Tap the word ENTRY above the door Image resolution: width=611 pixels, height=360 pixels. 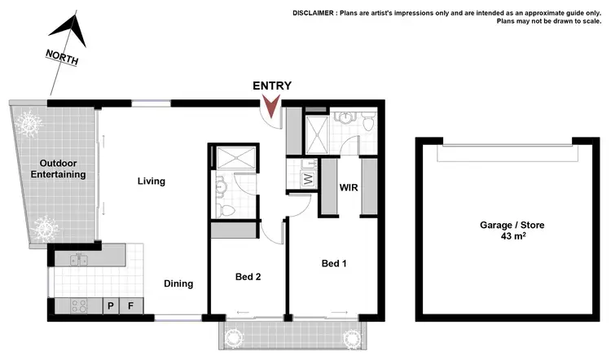point(272,86)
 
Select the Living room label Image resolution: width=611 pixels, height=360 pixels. point(152,181)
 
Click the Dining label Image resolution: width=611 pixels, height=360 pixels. point(178,283)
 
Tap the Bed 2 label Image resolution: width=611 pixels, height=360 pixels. point(248,277)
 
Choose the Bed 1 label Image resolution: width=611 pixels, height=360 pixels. point(335,263)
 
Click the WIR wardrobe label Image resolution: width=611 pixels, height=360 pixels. point(349,187)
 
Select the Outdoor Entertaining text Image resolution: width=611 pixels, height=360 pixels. point(58,169)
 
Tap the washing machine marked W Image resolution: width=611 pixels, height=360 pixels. point(308,179)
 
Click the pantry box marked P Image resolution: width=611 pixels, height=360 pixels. point(111,306)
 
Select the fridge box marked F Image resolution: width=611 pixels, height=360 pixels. point(130,306)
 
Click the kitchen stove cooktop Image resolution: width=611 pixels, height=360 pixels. point(79,306)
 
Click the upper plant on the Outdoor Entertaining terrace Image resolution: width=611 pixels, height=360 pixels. point(29,122)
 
